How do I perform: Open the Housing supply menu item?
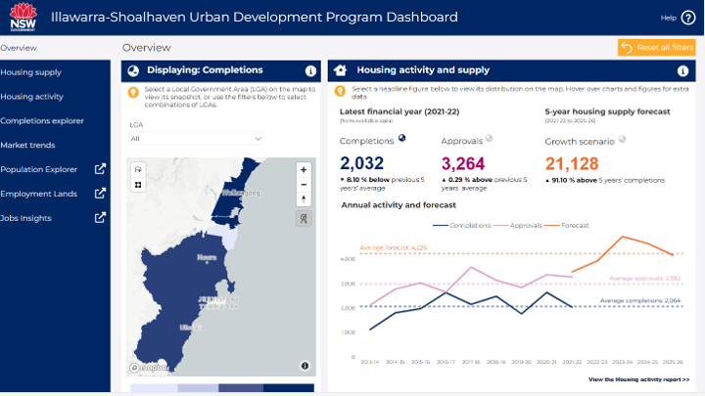tap(31, 72)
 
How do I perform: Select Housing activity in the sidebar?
tap(32, 97)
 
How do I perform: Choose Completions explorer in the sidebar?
tap(42, 121)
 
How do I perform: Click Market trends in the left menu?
tap(27, 145)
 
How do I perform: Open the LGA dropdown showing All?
tap(196, 139)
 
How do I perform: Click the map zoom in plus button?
tap(304, 169)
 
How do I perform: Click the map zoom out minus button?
tap(304, 184)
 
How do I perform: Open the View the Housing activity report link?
tap(638, 378)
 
